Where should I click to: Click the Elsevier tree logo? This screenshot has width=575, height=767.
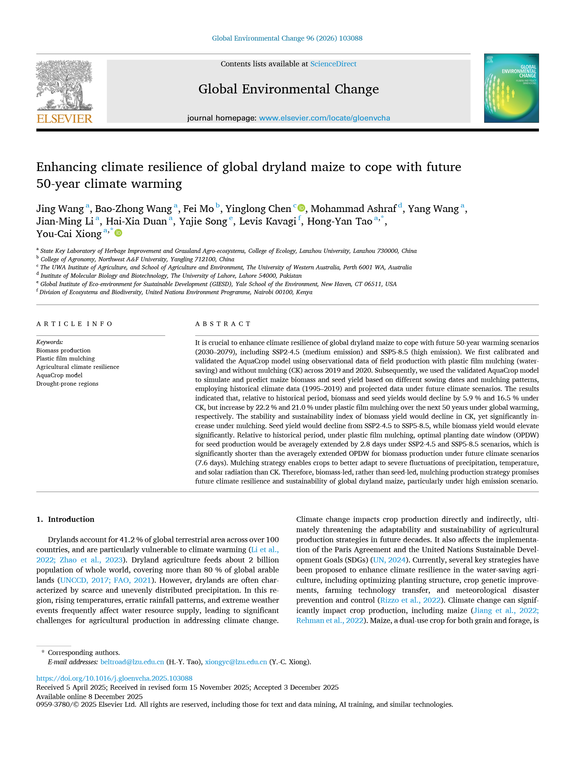[x=64, y=85]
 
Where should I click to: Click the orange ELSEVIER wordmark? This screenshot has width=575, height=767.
[x=64, y=119]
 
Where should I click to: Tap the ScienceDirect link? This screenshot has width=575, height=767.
[x=333, y=64]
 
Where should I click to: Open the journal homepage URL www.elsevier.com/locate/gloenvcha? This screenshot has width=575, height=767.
[x=324, y=118]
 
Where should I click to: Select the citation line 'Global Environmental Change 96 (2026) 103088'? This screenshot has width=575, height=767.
[x=287, y=38]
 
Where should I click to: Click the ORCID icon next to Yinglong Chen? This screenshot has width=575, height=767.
[x=302, y=208]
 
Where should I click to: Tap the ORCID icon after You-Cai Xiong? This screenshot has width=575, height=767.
[x=118, y=233]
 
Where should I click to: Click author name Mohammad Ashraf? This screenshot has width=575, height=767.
[x=353, y=209]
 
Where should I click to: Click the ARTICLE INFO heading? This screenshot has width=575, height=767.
[x=74, y=324]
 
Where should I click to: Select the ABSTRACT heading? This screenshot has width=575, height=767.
[x=223, y=324]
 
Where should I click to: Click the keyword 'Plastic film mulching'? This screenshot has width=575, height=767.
[x=65, y=359]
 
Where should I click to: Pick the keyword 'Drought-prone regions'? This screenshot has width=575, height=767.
[x=67, y=383]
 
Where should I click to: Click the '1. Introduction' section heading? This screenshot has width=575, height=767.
[x=65, y=519]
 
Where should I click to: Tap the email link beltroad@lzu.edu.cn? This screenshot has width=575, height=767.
[x=132, y=662]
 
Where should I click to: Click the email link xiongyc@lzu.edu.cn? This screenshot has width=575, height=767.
[x=236, y=662]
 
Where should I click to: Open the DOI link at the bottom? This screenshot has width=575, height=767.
[x=114, y=678]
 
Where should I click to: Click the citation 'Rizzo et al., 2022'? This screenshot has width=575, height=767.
[x=410, y=600]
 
